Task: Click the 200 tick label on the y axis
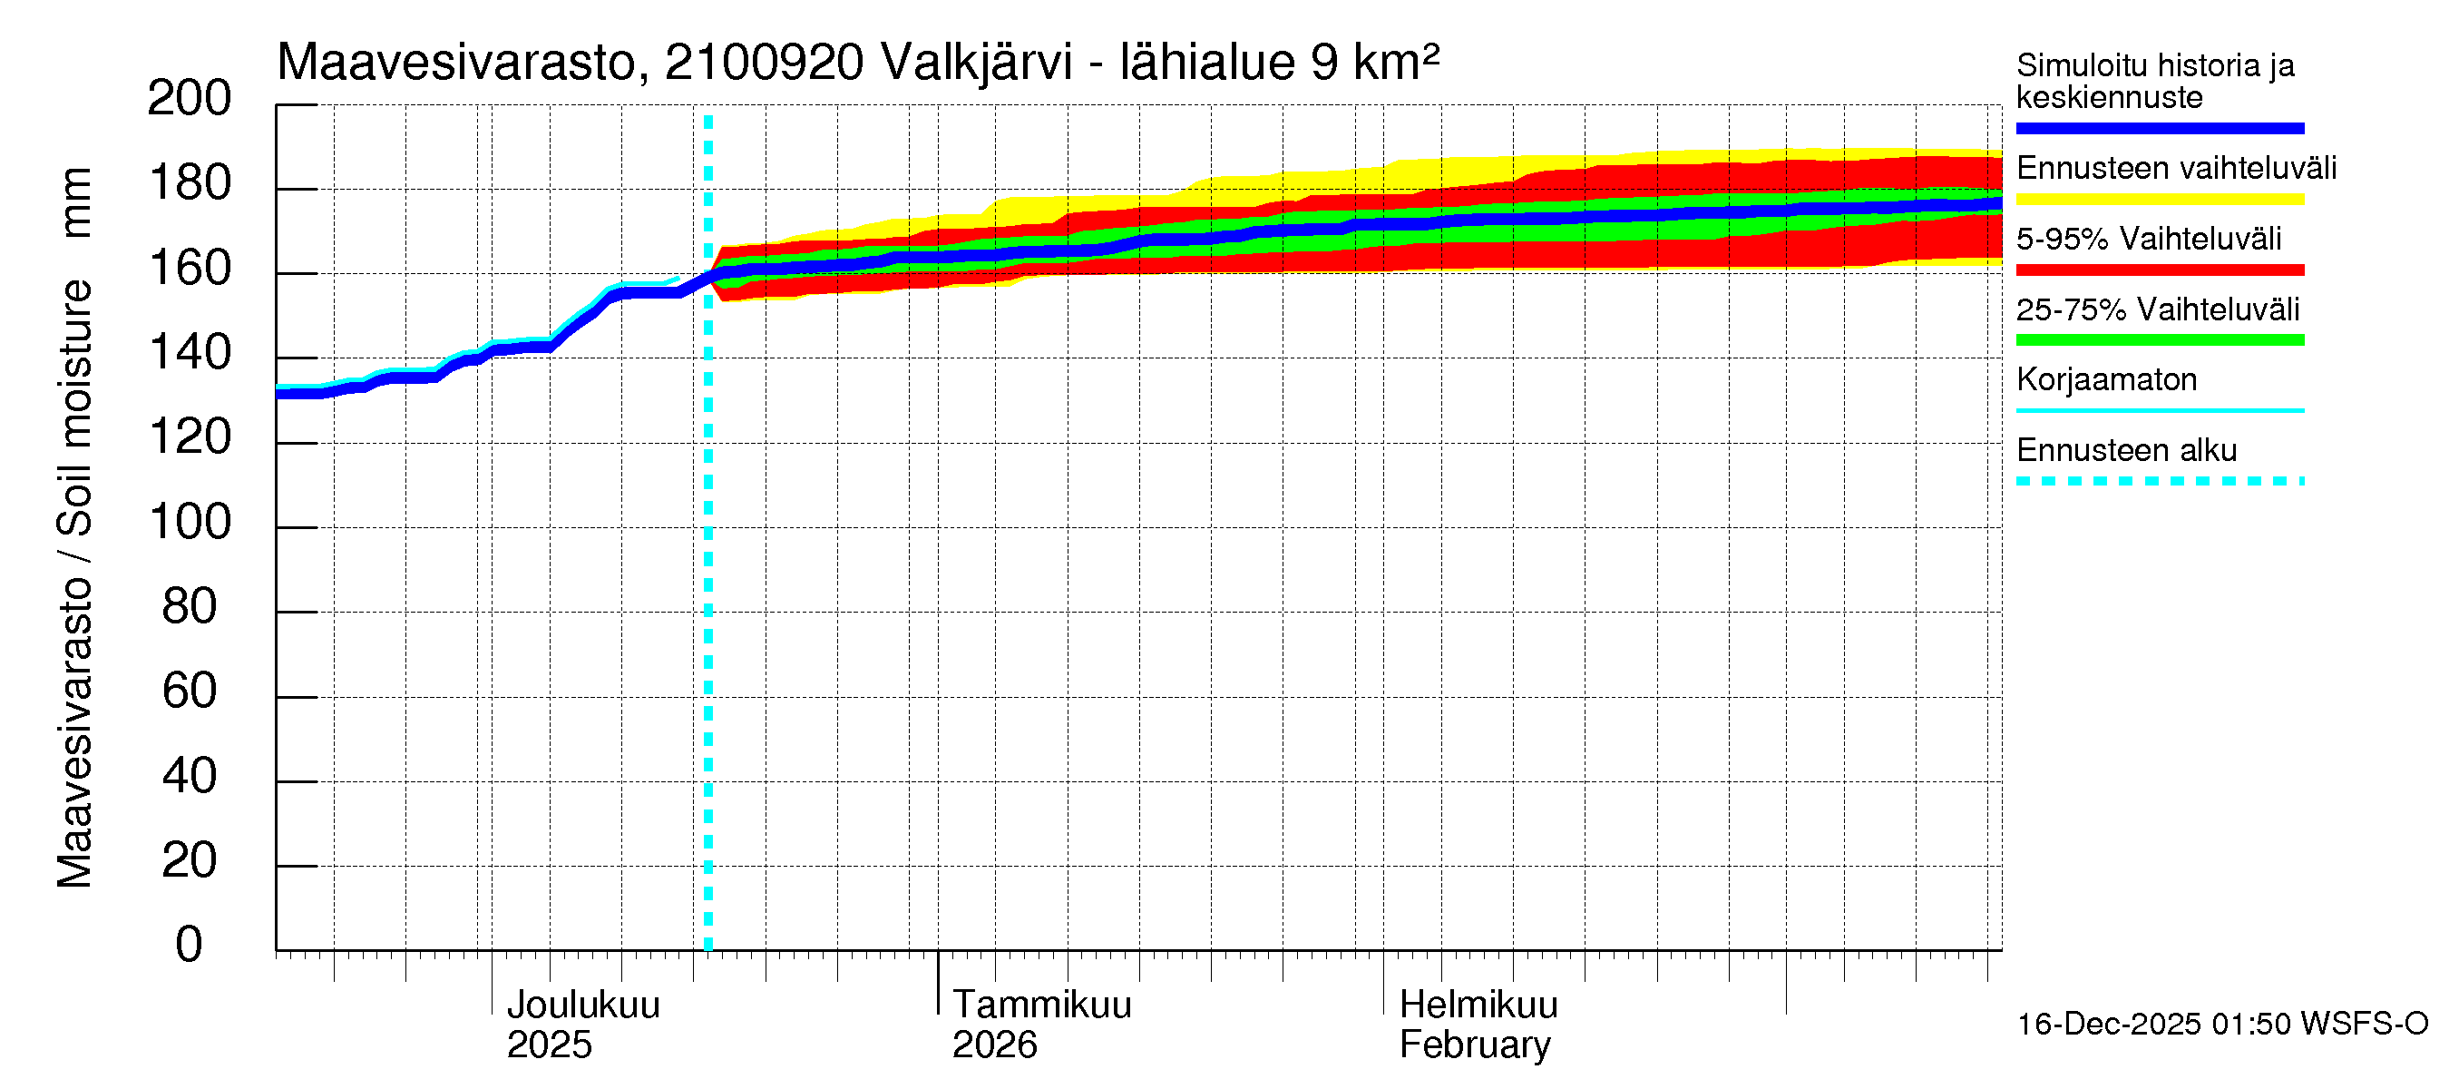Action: tap(190, 98)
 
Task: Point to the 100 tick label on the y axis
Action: tap(190, 522)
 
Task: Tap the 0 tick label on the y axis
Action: tap(190, 945)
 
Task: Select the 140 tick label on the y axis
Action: tap(190, 353)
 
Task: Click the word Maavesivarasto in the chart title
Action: tap(456, 63)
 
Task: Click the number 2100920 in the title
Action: tap(764, 63)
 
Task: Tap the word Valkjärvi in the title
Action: tap(976, 63)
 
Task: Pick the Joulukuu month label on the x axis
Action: tap(583, 1005)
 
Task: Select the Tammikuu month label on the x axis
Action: tap(1042, 1005)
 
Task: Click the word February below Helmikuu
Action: tap(1475, 1045)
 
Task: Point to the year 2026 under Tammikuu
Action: tap(994, 1045)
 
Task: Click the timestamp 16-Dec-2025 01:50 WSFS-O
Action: tap(2221, 1024)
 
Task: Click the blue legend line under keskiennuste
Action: tap(2159, 128)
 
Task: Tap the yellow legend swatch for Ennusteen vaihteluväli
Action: tap(2159, 199)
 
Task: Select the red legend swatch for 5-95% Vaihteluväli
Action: tap(2159, 270)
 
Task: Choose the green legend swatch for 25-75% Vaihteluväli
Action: tap(2159, 339)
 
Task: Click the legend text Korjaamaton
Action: tap(2106, 379)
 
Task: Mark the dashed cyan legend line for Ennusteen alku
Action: tap(2159, 481)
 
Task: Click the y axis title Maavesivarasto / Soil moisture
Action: tap(75, 528)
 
